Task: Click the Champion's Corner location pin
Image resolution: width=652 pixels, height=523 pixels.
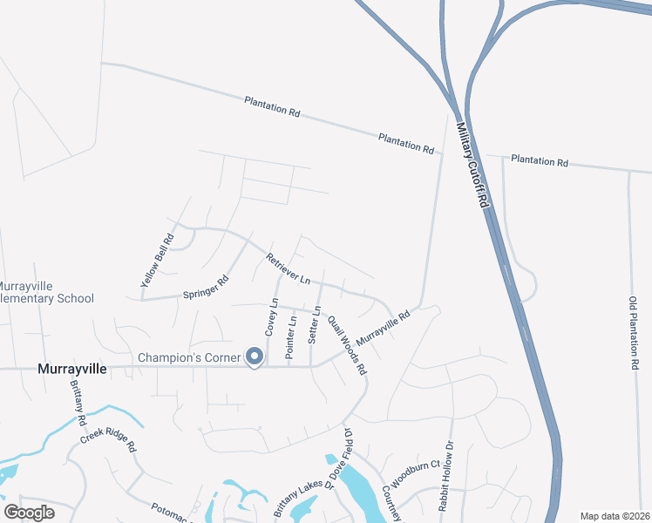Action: (255, 357)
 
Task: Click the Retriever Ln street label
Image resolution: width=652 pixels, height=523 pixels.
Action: (289, 269)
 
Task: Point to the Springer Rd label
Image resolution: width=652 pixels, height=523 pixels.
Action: (205, 288)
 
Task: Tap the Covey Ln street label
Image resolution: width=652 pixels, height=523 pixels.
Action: (271, 319)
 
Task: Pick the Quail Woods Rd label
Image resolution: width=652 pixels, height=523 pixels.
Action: (347, 345)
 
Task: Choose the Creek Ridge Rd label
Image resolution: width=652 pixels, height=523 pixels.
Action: (109, 438)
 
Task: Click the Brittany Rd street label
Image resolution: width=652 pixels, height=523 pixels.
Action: (81, 409)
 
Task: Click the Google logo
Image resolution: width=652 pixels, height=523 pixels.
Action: (29, 512)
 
